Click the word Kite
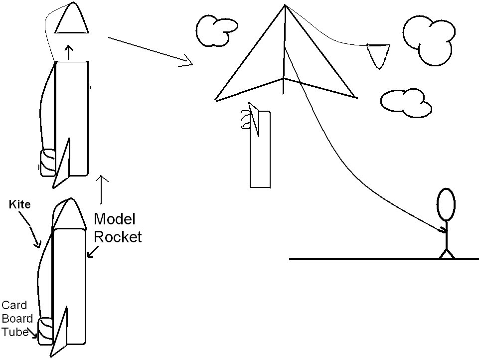(x=20, y=204)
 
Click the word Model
(x=114, y=219)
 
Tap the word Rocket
(x=118, y=237)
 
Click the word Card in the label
(x=14, y=305)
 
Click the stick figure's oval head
(x=446, y=204)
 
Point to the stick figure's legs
(x=447, y=254)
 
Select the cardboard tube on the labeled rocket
(x=45, y=331)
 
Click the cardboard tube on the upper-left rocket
(x=48, y=162)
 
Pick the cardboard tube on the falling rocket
(x=246, y=120)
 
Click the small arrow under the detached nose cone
(x=69, y=52)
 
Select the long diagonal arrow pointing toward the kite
(x=151, y=51)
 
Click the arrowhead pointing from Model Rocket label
(x=93, y=252)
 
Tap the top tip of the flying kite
(x=285, y=5)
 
